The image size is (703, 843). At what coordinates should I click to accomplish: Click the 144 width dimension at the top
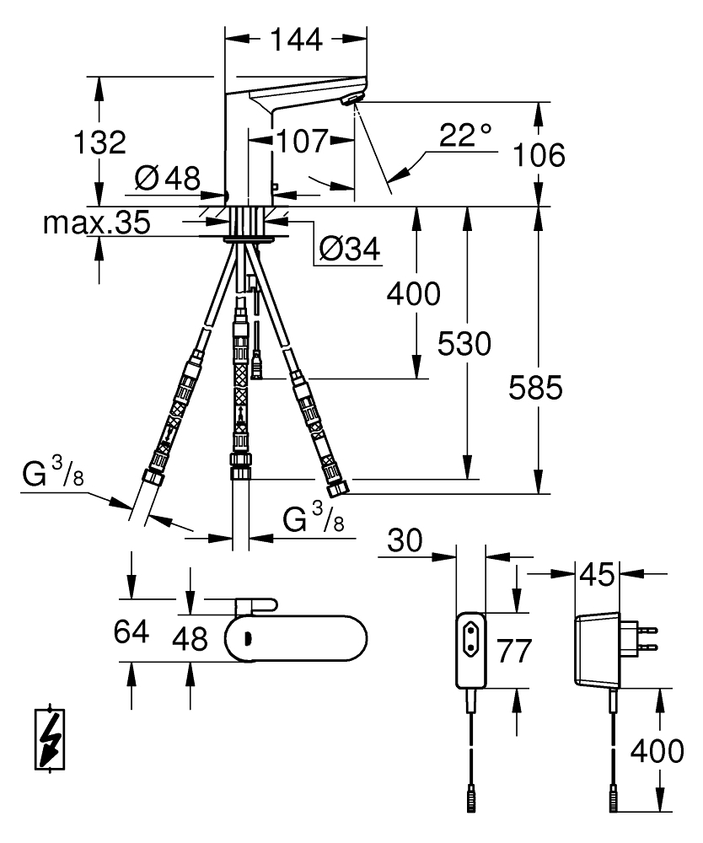(296, 39)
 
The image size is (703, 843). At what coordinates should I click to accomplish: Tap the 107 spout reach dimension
(301, 141)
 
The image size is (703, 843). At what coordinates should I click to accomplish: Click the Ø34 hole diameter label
(349, 249)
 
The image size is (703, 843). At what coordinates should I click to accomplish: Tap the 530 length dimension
(464, 343)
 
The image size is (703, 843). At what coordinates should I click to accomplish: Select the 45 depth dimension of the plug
(597, 577)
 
